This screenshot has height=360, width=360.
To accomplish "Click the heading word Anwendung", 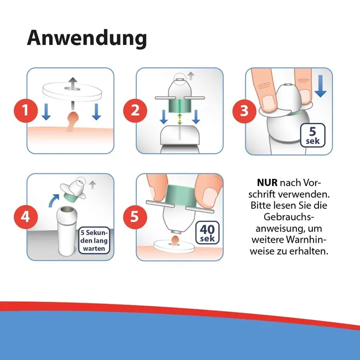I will click(x=87, y=38).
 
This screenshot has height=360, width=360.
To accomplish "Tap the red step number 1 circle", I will click(x=25, y=111).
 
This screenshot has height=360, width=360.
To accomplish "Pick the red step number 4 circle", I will click(x=25, y=217).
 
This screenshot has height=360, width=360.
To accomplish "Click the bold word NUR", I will click(x=268, y=183).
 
